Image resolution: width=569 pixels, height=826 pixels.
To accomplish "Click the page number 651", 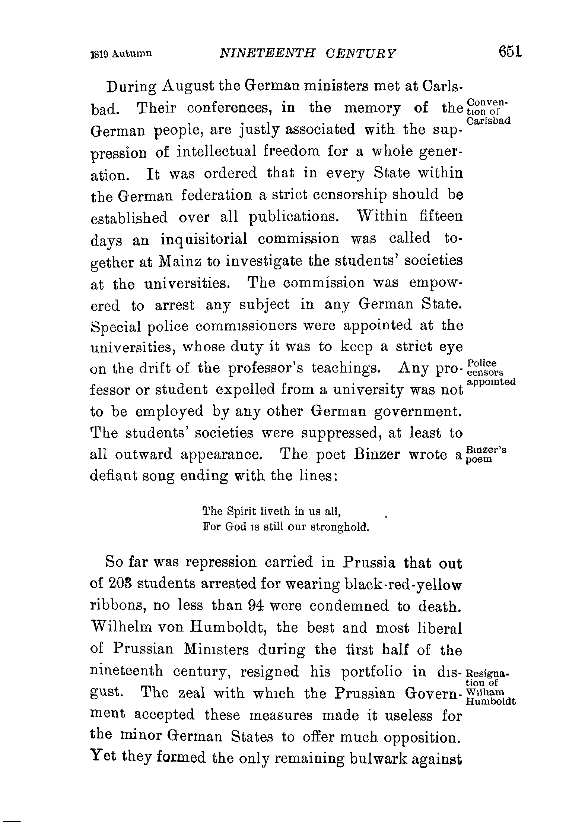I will pos(511,52).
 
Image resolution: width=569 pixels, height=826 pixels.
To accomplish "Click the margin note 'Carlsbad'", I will pos(488,121).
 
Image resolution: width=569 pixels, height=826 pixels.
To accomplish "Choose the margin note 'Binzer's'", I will pos(486,450).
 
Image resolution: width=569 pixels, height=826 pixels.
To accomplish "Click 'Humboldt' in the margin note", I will pos(490,702).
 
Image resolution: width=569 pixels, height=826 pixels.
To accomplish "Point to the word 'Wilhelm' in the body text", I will pos(121,627).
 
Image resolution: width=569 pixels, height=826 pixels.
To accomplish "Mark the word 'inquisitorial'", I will pos(204,239).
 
